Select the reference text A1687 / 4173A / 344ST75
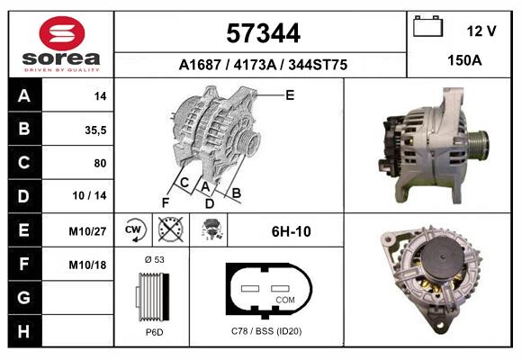(x=264, y=65)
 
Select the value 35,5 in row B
(x=94, y=130)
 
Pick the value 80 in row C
(x=100, y=164)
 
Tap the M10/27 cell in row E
(x=88, y=231)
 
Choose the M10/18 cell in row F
(x=88, y=265)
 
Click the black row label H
(x=23, y=331)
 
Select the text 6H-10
(x=291, y=231)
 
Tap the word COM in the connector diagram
(x=285, y=299)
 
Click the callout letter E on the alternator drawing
(x=290, y=94)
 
